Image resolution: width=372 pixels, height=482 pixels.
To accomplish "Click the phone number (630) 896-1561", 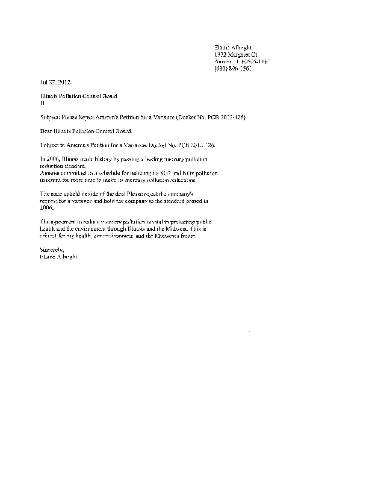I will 233,68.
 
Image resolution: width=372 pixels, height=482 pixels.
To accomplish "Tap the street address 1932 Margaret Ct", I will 236,54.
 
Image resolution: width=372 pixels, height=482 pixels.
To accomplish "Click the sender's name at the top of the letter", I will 233,46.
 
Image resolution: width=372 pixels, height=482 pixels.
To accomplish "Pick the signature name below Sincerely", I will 58,256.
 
